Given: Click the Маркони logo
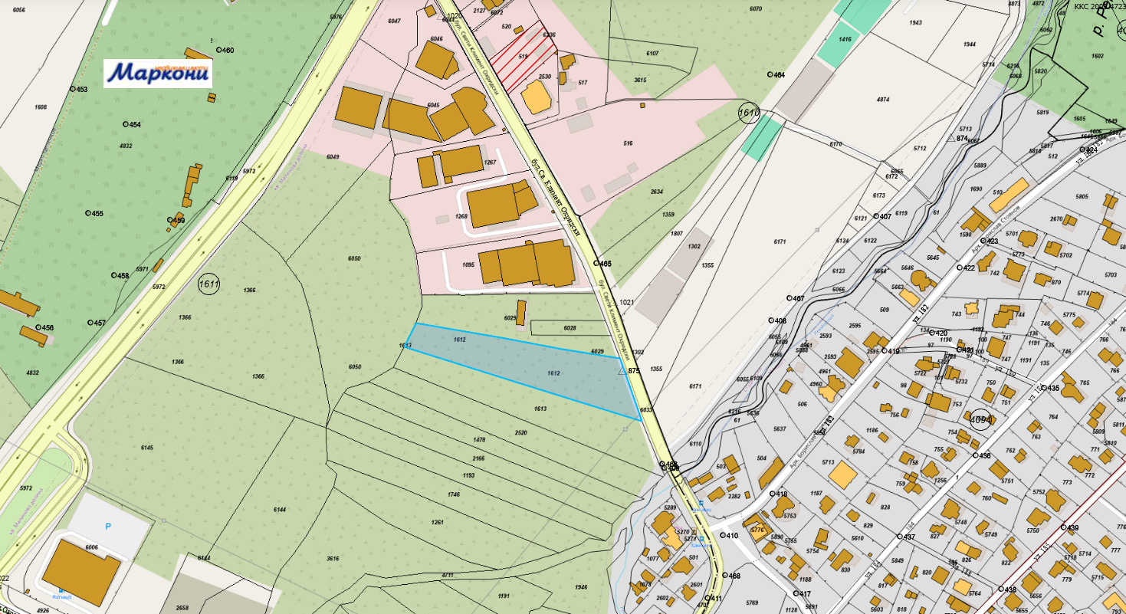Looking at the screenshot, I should coord(158,73).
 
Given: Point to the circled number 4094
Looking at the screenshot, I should coord(980,420).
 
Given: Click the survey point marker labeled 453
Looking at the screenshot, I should coord(73,89).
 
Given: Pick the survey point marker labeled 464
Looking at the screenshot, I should coord(770,75).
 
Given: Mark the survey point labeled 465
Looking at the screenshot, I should coord(596,264).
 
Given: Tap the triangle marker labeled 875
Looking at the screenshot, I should coord(622,370).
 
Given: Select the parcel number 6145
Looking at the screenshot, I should coord(147,448).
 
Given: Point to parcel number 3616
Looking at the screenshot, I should coord(332,559).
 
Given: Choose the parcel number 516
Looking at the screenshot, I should coord(629,143).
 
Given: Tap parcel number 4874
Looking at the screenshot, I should coord(882,100).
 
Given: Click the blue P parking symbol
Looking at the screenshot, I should coord(108,527).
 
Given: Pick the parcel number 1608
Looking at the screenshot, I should coord(41,107).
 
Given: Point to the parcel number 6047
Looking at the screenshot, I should coord(394,21).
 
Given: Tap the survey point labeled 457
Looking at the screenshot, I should coord(90,323).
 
